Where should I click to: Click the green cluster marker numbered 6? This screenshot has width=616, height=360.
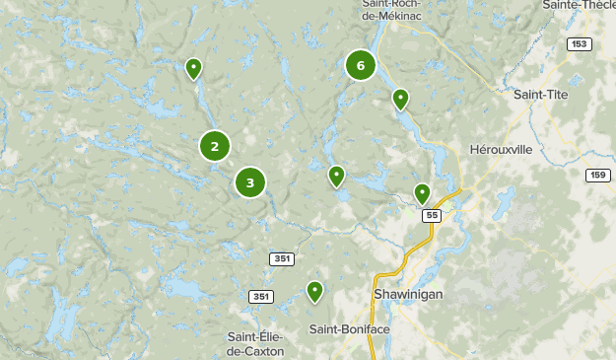coord(361,66)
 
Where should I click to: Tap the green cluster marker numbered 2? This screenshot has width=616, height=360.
coord(215,146)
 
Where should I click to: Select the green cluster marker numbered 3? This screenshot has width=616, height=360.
coord(250,182)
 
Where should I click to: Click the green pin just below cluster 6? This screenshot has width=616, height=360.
coord(400,99)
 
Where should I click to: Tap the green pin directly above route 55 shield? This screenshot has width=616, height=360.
coord(422,193)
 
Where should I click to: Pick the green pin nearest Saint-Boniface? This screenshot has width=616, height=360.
coord(314,291)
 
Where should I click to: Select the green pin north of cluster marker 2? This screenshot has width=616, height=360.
coord(194,68)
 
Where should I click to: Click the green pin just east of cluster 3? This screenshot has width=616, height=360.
coord(336,177)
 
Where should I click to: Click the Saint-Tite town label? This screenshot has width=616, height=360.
coord(540,94)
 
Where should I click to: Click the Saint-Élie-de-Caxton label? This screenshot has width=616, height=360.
coord(255,343)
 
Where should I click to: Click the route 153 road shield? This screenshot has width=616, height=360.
coord(579,43)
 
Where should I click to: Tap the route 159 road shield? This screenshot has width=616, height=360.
coord(596,175)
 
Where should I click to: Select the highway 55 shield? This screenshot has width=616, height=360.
coord(430,214)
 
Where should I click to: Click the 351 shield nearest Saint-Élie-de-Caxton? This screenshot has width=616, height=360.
coord(260,297)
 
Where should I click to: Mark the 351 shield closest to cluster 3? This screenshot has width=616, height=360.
coord(282,258)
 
